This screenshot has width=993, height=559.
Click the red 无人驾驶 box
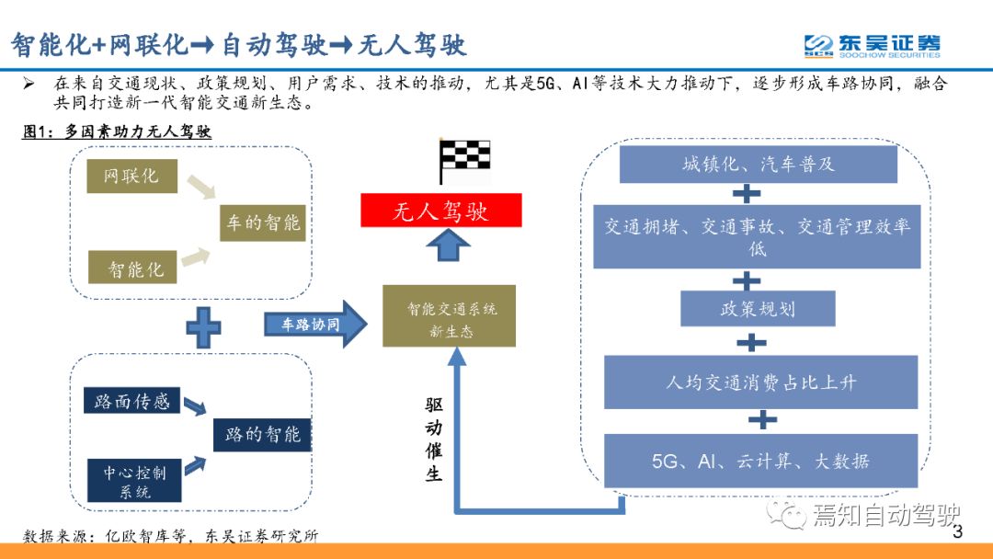point(440,211)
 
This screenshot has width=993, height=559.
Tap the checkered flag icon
point(464,161)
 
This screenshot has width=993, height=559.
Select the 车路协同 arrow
point(315,325)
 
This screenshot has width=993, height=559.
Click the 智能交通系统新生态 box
point(449,316)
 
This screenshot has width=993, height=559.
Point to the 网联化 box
point(131,176)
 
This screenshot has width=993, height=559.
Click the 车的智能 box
point(263,222)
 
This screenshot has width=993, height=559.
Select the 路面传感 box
point(131,400)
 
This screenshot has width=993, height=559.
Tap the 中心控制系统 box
point(134,481)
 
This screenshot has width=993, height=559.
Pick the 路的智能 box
point(262,434)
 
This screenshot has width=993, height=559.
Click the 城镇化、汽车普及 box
point(758,165)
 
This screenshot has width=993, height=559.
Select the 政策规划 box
point(758,308)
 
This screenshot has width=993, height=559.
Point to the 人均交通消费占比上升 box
point(760,382)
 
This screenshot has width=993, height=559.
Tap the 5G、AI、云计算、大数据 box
point(760,461)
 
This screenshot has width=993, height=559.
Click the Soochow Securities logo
point(872,46)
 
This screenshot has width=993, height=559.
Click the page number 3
point(957,531)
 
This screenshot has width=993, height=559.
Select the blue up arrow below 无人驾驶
point(449,245)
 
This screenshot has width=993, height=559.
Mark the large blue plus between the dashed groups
point(203,327)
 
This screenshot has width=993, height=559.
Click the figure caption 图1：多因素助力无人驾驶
point(117,131)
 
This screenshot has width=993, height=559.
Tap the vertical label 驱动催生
point(434,439)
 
